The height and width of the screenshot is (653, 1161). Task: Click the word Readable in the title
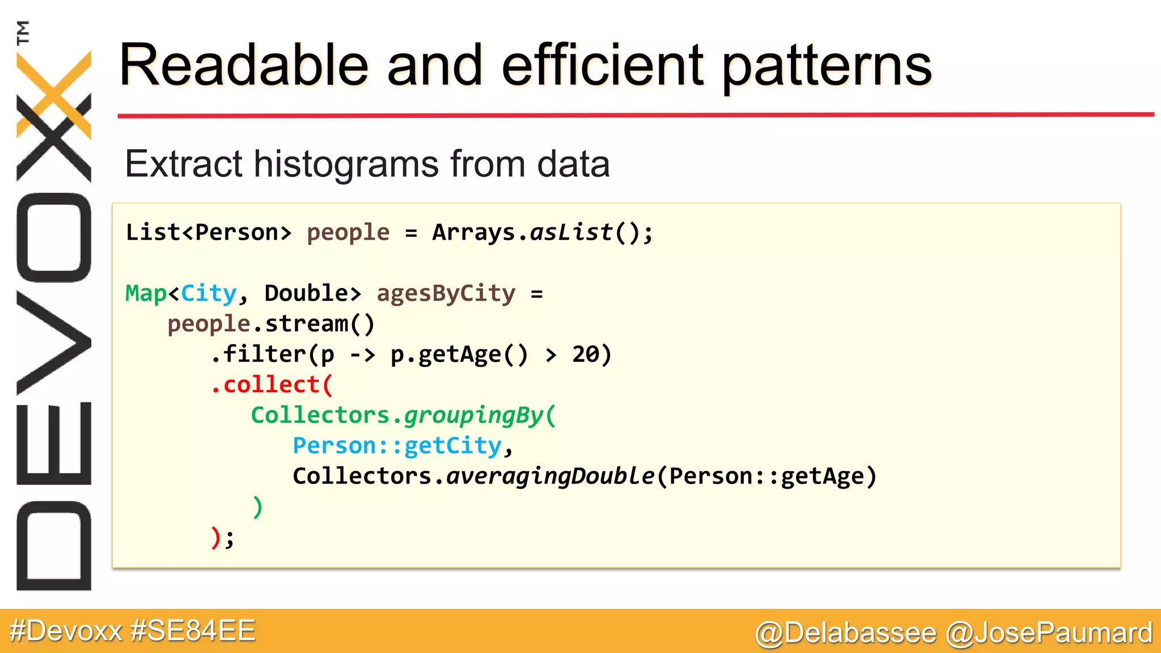tap(244, 66)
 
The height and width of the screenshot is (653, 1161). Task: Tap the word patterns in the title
tap(827, 67)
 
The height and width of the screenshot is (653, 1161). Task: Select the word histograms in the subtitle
tap(346, 164)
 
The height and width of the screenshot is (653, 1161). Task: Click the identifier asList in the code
tap(571, 232)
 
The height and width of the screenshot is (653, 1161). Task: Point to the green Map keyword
tap(146, 294)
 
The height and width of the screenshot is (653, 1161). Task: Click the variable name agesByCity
tap(446, 294)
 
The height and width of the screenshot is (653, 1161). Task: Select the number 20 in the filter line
tap(586, 355)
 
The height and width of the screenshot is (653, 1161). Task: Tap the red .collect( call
tap(272, 385)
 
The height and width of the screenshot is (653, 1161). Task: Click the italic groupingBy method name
tap(474, 415)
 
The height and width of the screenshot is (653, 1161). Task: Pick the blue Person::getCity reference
tap(397, 446)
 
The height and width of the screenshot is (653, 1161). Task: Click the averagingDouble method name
tap(550, 476)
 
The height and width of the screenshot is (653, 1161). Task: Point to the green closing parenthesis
tap(257, 507)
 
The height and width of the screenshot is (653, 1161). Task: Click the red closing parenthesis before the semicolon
tap(215, 537)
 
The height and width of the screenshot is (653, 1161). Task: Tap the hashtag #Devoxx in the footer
tap(66, 631)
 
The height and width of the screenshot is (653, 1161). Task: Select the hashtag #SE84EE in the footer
tap(193, 631)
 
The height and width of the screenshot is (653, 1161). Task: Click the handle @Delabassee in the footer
tap(845, 633)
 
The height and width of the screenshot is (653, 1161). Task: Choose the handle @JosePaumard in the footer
tap(1049, 633)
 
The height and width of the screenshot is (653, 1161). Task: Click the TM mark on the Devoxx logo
tap(23, 32)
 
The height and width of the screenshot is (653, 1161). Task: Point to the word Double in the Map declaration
tap(306, 294)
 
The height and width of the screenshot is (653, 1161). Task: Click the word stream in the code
tap(306, 324)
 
